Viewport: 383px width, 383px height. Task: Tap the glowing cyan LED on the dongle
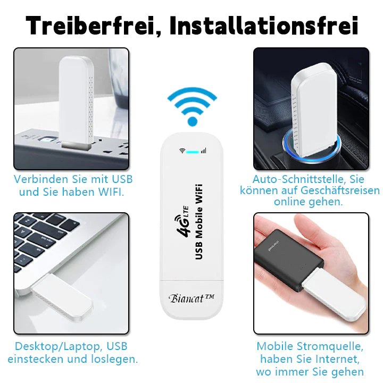click(191, 151)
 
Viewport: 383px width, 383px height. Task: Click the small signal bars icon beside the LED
click(203, 151)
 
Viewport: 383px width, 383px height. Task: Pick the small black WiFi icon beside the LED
click(182, 151)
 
